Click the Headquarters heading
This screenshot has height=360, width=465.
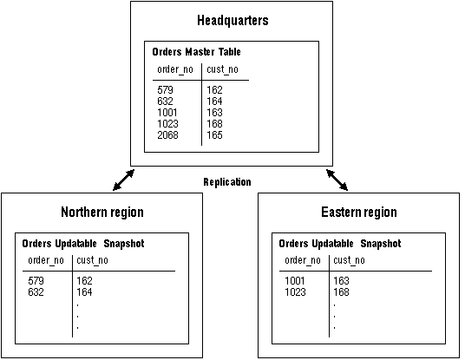pos(232,21)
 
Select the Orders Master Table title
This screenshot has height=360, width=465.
pos(196,52)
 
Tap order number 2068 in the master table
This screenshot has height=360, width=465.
pos(167,135)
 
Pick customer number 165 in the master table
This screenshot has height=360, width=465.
pos(214,135)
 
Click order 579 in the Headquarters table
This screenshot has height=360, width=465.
pos(165,90)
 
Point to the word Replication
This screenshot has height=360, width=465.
pos(227,182)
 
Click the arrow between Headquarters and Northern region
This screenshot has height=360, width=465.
pos(124,180)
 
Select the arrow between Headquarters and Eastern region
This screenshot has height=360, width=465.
pos(337,180)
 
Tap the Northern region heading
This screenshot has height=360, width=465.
pos(102,212)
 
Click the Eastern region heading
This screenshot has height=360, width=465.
pos(359,212)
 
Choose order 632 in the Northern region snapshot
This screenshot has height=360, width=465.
pos(36,292)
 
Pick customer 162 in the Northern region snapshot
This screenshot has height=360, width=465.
pos(84,281)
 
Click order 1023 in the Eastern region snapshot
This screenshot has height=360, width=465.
pos(295,292)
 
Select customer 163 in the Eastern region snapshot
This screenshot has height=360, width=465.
pos(341,281)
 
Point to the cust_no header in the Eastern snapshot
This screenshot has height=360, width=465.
pos(349,260)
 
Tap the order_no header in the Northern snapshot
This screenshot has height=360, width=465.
pos(46,260)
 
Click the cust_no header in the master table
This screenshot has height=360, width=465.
pos(222,69)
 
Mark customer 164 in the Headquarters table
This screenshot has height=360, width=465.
pos(214,101)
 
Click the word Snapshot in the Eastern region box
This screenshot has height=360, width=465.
pos(381,244)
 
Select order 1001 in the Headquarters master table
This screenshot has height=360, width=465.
pos(167,113)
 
